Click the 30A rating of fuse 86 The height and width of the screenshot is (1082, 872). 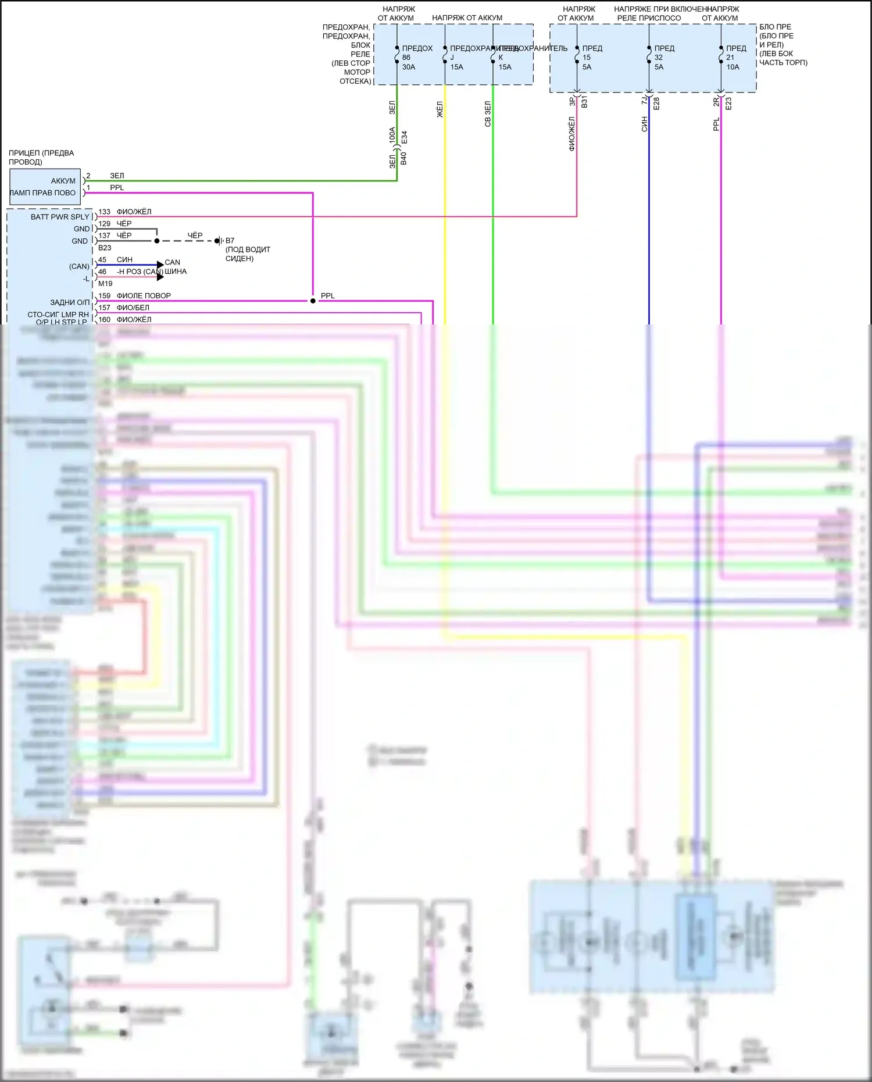(x=409, y=67)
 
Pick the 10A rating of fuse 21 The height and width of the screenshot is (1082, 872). (x=732, y=67)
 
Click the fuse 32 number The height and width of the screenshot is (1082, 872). (x=659, y=58)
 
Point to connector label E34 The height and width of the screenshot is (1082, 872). (x=404, y=138)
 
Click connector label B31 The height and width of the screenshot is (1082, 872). (x=584, y=102)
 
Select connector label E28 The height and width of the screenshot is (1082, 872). (x=656, y=103)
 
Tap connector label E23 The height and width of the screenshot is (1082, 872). (x=728, y=103)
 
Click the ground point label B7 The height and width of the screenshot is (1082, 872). (x=230, y=240)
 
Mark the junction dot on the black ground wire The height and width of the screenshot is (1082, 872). (x=157, y=241)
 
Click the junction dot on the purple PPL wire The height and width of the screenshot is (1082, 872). (x=313, y=301)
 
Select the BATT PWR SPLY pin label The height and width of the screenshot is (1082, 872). (x=60, y=217)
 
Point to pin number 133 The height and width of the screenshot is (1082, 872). (x=105, y=212)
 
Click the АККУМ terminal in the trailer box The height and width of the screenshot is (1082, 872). (x=63, y=181)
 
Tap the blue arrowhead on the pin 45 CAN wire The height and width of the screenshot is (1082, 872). (x=160, y=265)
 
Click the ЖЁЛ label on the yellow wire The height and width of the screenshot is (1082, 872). (x=439, y=110)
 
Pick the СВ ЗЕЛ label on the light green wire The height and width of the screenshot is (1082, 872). (x=488, y=114)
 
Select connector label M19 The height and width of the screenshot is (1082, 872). (x=105, y=284)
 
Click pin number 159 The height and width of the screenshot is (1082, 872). (x=105, y=295)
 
